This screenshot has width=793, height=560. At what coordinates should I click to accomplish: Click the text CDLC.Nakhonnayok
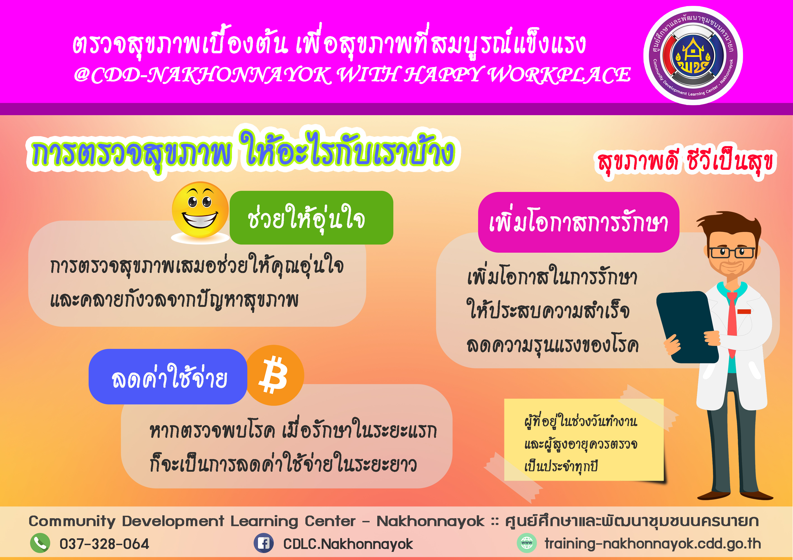click(x=348, y=544)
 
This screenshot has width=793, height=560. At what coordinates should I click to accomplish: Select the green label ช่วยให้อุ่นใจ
click(x=312, y=218)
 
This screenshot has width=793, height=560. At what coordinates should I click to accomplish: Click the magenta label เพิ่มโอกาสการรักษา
click(x=578, y=222)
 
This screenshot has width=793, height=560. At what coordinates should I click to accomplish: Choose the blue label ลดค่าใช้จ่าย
click(x=168, y=376)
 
